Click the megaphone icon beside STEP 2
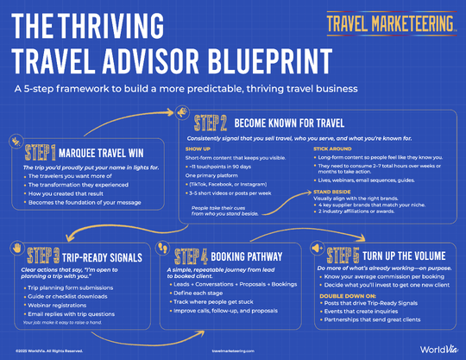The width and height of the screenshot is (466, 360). tap(183, 113)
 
